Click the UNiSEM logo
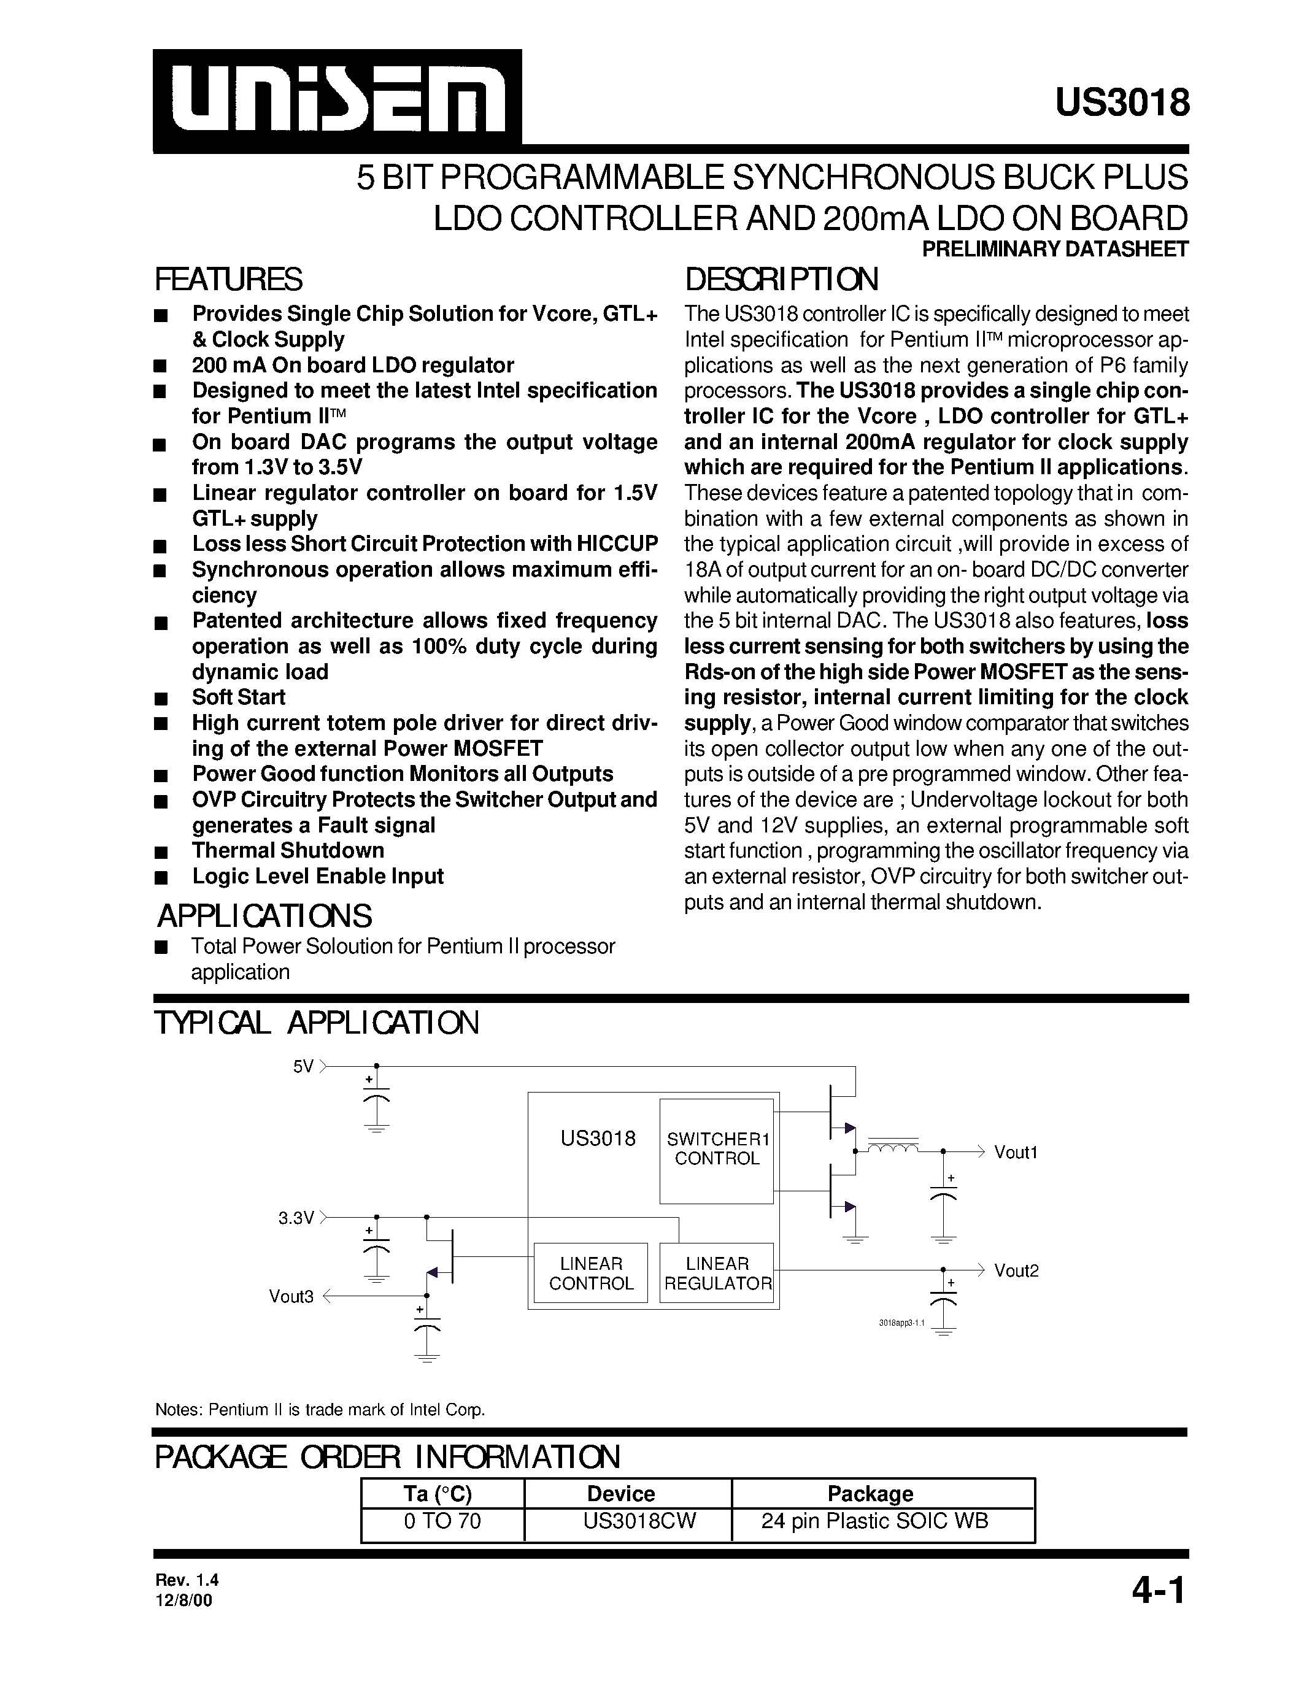(x=338, y=101)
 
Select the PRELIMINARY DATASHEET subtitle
(x=1055, y=250)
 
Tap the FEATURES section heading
(x=229, y=280)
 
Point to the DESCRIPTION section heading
(x=781, y=280)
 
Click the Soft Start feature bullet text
(x=239, y=697)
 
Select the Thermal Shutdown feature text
(x=288, y=850)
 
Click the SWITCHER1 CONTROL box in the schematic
(x=717, y=1150)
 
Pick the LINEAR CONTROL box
(x=591, y=1274)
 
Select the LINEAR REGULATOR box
(x=717, y=1274)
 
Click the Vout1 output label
(x=1015, y=1153)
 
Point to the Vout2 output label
(x=1016, y=1270)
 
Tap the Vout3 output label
(x=291, y=1297)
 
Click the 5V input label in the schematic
(x=303, y=1067)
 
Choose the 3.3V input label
(x=296, y=1218)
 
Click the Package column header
(x=870, y=1494)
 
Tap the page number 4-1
(x=1158, y=1591)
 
